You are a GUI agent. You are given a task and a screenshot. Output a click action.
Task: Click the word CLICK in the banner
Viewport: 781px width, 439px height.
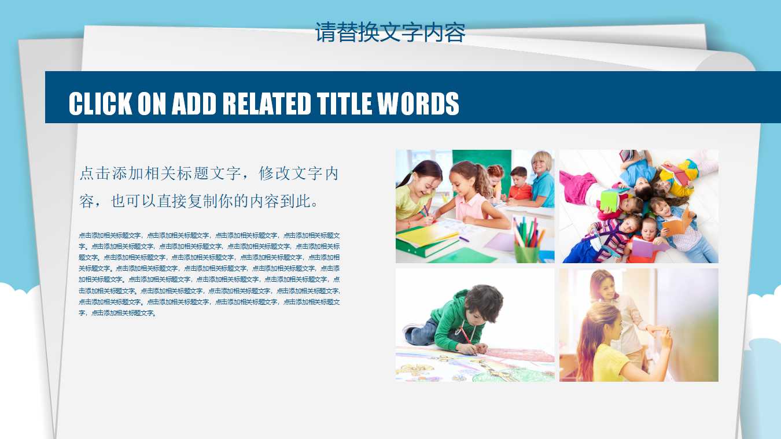pos(101,104)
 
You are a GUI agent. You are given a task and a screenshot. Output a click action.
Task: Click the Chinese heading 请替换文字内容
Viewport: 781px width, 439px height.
pos(390,32)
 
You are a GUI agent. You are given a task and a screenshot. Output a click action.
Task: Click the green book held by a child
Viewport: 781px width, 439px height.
pos(609,200)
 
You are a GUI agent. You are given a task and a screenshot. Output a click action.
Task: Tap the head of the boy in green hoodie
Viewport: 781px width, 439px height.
pos(484,302)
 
